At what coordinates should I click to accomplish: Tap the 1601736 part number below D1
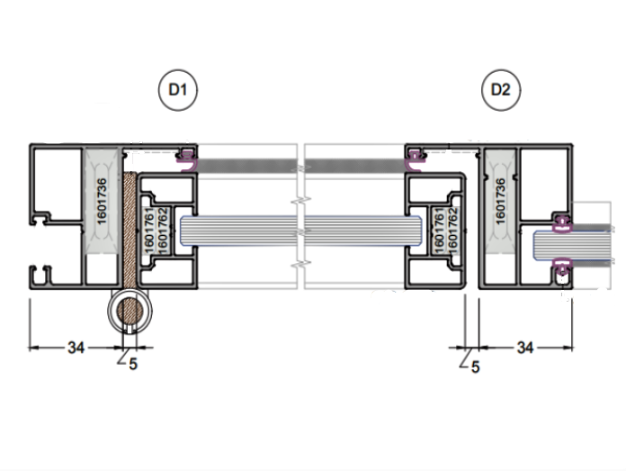102,199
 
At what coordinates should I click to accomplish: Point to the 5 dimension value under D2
475,367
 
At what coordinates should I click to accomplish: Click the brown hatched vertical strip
130,230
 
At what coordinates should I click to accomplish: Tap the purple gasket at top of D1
188,163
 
